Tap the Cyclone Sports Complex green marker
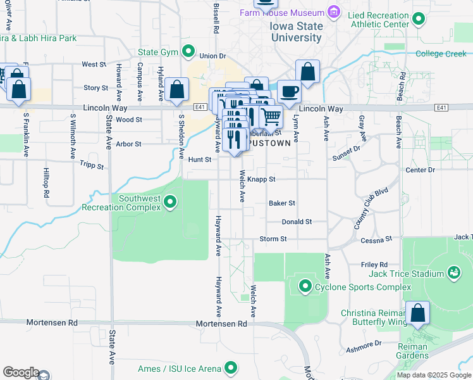305,287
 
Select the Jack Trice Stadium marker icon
453,273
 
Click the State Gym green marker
188,51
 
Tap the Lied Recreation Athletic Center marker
418,20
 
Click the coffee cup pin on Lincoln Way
290,91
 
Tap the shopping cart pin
271,116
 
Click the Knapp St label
261,179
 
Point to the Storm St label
273,239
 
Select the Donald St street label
297,222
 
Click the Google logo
21,372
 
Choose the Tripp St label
92,163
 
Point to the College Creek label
441,54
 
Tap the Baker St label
282,203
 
